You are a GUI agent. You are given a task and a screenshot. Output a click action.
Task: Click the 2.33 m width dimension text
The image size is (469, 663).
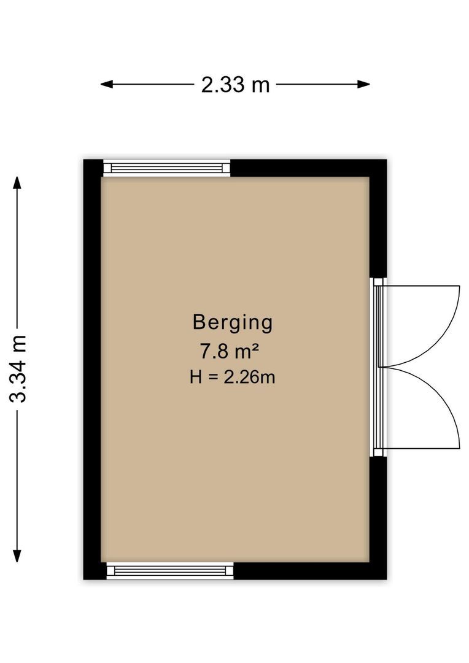click(x=235, y=85)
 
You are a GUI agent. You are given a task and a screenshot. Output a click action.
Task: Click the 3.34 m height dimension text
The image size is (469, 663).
click(x=18, y=369)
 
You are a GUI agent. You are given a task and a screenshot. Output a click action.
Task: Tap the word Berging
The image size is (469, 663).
click(x=233, y=323)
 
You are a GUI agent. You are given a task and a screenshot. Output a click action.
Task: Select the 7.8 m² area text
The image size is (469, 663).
click(x=229, y=351)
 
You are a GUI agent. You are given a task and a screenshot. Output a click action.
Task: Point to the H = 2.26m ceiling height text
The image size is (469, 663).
click(x=232, y=377)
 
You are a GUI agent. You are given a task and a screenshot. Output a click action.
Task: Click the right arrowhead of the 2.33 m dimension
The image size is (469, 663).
click(x=363, y=85)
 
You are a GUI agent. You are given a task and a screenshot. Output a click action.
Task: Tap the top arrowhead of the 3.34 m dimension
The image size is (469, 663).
click(x=17, y=183)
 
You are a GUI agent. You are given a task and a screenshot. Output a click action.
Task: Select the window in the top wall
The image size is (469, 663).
click(x=166, y=168)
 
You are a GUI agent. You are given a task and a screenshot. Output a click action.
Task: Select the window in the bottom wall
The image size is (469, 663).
click(x=170, y=571)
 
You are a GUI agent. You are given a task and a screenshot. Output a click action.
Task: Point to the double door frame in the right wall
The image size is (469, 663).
click(x=378, y=367)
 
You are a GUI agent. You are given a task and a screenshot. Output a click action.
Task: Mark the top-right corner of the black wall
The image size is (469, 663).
click(x=387, y=160)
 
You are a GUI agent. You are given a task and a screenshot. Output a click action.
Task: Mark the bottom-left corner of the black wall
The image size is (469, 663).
click(x=83, y=580)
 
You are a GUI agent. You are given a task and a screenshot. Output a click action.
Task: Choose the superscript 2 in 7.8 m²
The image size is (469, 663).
click(x=255, y=347)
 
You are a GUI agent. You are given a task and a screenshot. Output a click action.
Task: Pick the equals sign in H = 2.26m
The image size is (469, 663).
click(x=213, y=377)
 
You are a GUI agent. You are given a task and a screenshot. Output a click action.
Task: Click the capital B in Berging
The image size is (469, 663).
click(x=199, y=322)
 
